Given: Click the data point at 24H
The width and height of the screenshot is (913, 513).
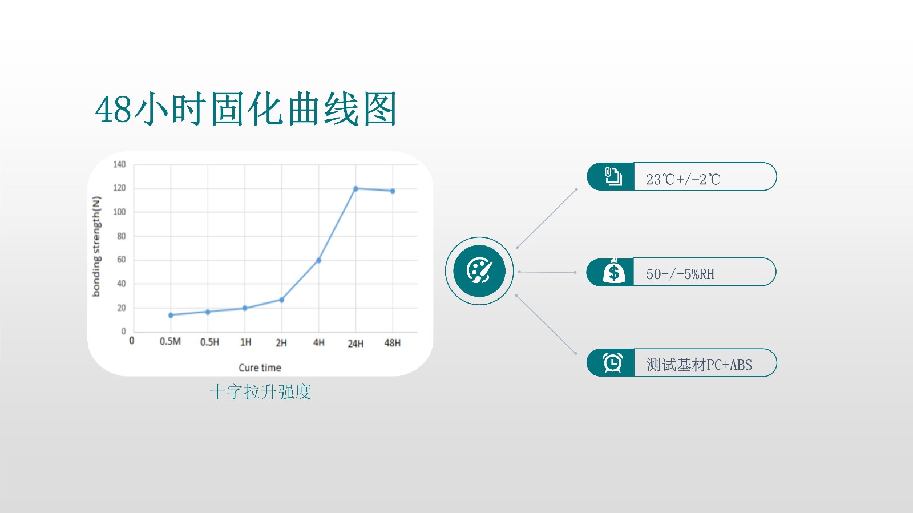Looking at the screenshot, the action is pyautogui.click(x=356, y=189).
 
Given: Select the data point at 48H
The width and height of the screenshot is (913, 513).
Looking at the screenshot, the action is pyautogui.click(x=393, y=191).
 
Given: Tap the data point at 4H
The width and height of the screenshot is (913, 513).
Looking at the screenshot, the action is pyautogui.click(x=319, y=260).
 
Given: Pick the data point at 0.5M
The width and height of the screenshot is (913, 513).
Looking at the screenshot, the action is pyautogui.click(x=171, y=315).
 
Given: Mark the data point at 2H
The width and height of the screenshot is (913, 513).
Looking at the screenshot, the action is pyautogui.click(x=282, y=300).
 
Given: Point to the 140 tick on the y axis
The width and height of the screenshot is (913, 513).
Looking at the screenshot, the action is pyautogui.click(x=119, y=164).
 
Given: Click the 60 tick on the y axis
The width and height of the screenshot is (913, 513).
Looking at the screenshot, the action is pyautogui.click(x=122, y=260).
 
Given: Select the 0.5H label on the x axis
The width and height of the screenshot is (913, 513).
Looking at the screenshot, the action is pyautogui.click(x=209, y=342).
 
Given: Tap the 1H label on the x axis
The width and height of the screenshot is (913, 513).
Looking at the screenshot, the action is pyautogui.click(x=246, y=342).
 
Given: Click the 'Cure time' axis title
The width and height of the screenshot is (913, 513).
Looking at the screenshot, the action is pyautogui.click(x=260, y=368).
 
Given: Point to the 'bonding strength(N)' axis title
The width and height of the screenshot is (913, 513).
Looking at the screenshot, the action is pyautogui.click(x=96, y=247).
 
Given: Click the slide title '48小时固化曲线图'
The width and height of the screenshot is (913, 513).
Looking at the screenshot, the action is pyautogui.click(x=246, y=109).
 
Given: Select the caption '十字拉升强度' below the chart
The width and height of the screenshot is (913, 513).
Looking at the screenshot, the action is pyautogui.click(x=260, y=392).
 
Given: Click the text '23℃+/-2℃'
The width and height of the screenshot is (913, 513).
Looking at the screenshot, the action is pyautogui.click(x=683, y=179).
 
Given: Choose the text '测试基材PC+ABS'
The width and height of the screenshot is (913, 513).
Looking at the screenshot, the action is pyautogui.click(x=699, y=365).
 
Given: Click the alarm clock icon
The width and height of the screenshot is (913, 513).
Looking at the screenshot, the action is pyautogui.click(x=613, y=363).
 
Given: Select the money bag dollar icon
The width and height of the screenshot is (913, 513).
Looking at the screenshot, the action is pyautogui.click(x=614, y=272).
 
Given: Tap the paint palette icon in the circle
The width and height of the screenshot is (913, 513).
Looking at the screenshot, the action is pyautogui.click(x=479, y=271).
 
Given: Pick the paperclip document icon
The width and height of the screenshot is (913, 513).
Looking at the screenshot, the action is pyautogui.click(x=613, y=176).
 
